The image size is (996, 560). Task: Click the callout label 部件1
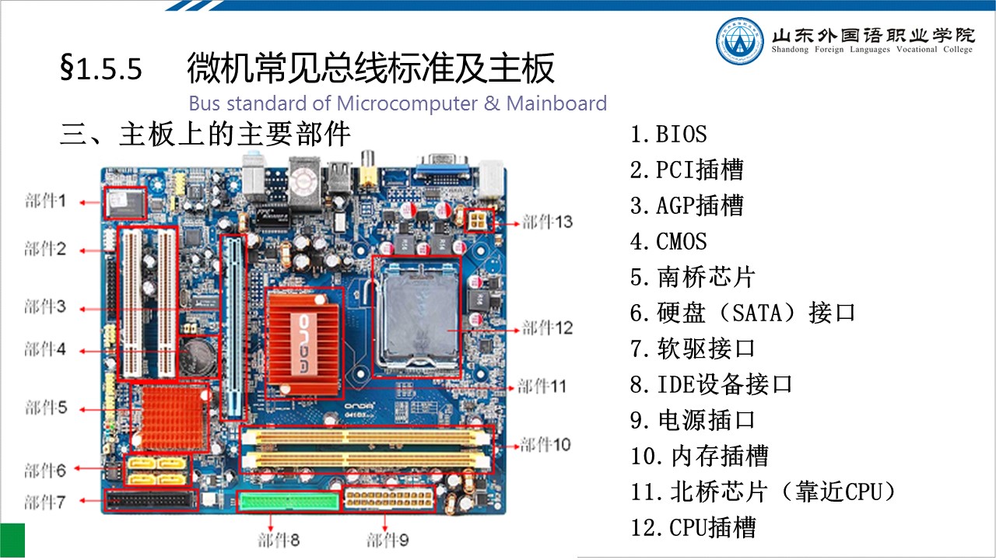tap(45, 201)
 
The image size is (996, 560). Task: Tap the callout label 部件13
tap(547, 222)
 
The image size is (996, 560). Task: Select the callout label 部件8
tap(279, 540)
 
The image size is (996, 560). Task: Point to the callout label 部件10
tap(545, 444)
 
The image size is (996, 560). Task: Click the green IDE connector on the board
tap(288, 502)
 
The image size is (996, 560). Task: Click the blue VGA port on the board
tap(443, 170)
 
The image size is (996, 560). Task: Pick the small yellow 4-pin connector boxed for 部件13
tap(479, 220)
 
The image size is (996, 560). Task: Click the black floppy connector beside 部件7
tap(152, 500)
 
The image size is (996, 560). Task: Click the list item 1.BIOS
tap(668, 134)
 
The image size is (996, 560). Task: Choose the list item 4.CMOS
tap(668, 241)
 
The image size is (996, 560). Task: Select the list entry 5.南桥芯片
tap(693, 277)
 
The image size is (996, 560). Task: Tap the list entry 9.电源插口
tap(693, 420)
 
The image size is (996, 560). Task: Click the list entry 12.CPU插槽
tap(693, 527)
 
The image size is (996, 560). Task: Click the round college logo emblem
tap(739, 41)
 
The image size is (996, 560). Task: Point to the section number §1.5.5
tap(101, 68)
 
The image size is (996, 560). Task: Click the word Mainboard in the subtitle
tap(556, 103)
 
